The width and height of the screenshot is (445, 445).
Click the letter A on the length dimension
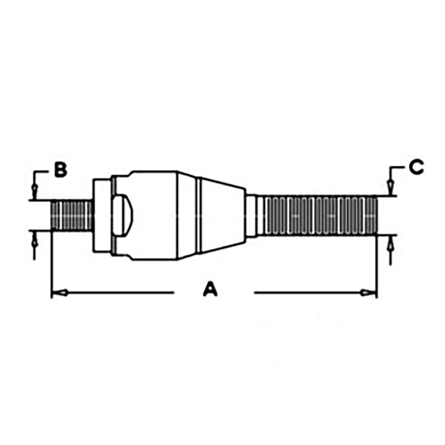coord(210,290)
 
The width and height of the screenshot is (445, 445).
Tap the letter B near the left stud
coord(61,170)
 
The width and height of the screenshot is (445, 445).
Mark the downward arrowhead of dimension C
coord(390,187)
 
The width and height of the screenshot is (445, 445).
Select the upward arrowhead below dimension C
coord(390,243)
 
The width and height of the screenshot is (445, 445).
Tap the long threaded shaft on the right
coord(318,215)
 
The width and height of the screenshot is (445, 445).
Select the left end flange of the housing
coord(101,215)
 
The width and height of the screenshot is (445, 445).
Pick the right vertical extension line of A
coord(377,267)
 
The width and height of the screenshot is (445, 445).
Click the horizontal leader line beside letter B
coord(42,170)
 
